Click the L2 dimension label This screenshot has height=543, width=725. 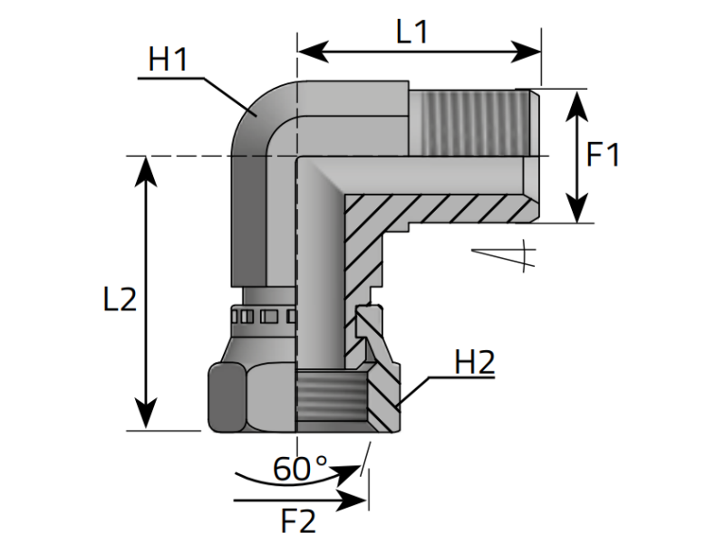(x=120, y=300)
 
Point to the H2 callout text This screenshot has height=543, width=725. (x=474, y=363)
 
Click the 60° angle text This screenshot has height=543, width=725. (x=301, y=469)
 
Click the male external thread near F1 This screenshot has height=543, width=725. (x=471, y=121)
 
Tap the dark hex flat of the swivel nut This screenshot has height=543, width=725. (x=224, y=397)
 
